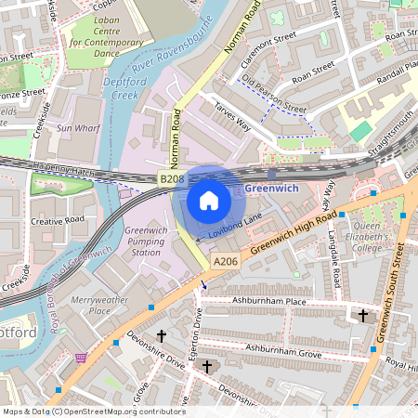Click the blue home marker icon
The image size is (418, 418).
click(209, 200)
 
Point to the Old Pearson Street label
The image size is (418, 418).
click(274, 96)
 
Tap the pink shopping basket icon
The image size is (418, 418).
click(82, 356)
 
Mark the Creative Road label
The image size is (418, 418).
click(58, 221)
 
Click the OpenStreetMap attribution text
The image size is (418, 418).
click(94, 411)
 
